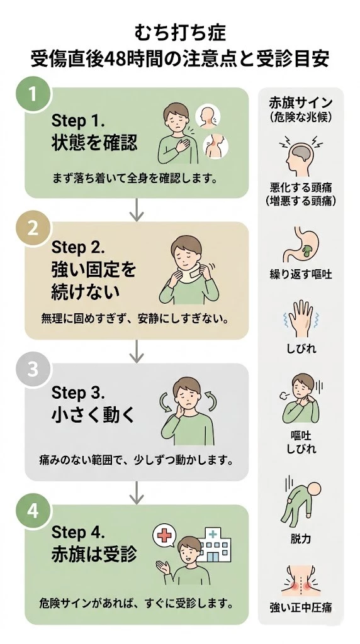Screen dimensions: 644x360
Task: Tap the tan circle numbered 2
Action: [x=33, y=228]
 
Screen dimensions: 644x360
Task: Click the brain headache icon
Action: [x=301, y=153]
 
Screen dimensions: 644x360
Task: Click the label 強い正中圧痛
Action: [x=301, y=607]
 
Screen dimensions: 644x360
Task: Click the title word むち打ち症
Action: [x=180, y=33]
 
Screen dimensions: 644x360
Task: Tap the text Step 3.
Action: [x=79, y=393]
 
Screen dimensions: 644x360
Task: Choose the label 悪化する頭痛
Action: [x=301, y=188]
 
